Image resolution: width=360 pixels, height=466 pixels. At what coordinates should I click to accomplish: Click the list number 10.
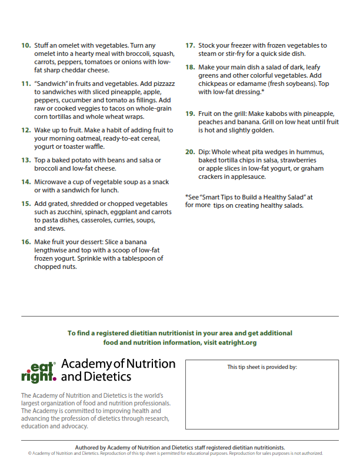point(26,45)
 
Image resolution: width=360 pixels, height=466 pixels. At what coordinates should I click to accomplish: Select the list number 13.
point(26,160)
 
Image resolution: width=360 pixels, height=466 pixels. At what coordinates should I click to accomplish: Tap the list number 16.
point(26,242)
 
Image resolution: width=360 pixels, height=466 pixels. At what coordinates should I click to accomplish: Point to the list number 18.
point(190,67)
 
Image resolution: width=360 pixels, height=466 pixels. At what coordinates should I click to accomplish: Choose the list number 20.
point(190,152)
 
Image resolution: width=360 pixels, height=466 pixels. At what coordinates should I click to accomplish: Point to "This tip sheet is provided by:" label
point(262,367)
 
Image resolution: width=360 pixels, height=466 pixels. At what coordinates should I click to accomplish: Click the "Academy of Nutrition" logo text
point(118,364)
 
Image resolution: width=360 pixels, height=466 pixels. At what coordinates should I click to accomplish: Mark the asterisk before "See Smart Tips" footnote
point(186,197)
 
